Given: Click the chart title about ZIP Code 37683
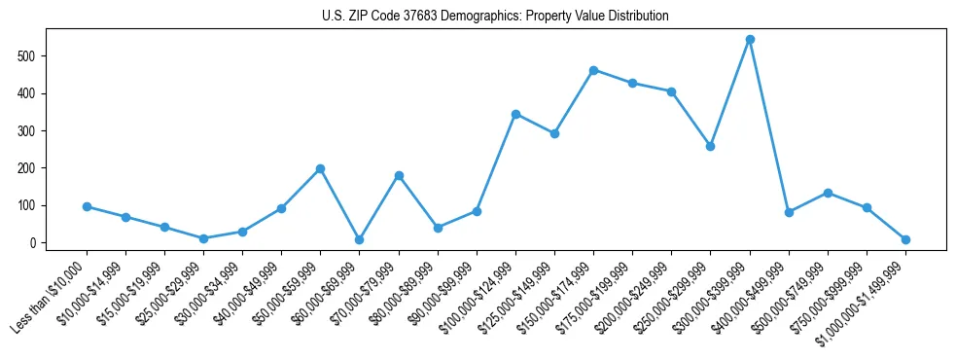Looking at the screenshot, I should (x=495, y=17).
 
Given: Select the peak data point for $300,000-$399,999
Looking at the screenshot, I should (x=750, y=40).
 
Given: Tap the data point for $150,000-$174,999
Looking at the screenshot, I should (x=593, y=70).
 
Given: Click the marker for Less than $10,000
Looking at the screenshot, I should (x=87, y=206).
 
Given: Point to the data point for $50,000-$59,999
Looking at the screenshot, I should (x=320, y=168).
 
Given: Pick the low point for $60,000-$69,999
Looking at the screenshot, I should (x=359, y=239).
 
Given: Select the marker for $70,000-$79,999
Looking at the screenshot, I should (x=399, y=175).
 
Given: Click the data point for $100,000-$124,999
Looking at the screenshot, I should (x=515, y=114).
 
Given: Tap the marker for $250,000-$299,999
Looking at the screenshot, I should (x=710, y=146).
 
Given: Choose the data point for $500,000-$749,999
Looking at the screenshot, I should (x=828, y=193).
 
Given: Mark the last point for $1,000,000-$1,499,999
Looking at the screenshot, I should (x=905, y=239).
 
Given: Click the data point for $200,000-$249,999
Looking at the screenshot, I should (x=671, y=91).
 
